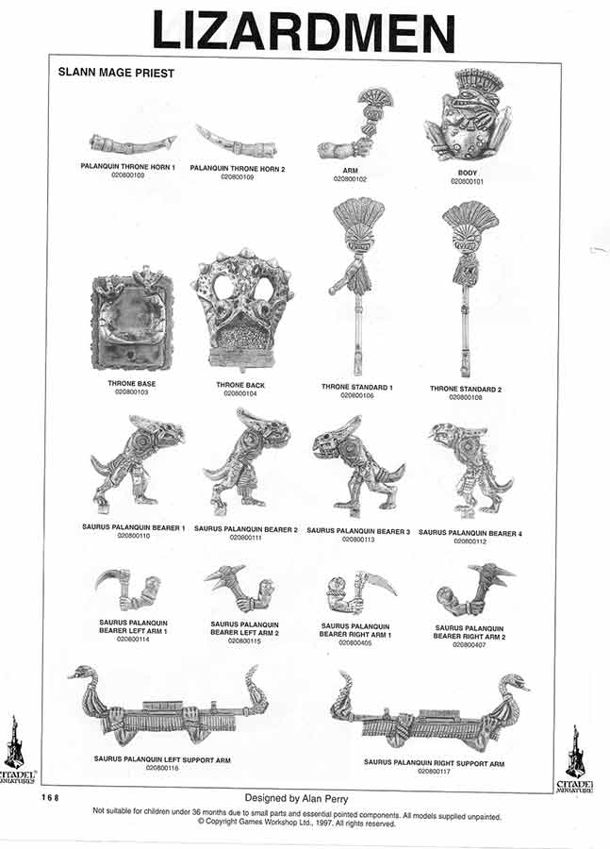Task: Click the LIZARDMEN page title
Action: pyautogui.click(x=304, y=30)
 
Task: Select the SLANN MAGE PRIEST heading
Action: pyautogui.click(x=116, y=72)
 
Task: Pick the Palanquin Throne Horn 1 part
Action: pyautogui.click(x=132, y=144)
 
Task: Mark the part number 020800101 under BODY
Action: pyautogui.click(x=468, y=181)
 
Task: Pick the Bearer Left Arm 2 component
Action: pyautogui.click(x=240, y=590)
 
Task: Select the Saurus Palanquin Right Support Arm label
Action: pyautogui.click(x=435, y=762)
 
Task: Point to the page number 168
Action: pyautogui.click(x=50, y=798)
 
